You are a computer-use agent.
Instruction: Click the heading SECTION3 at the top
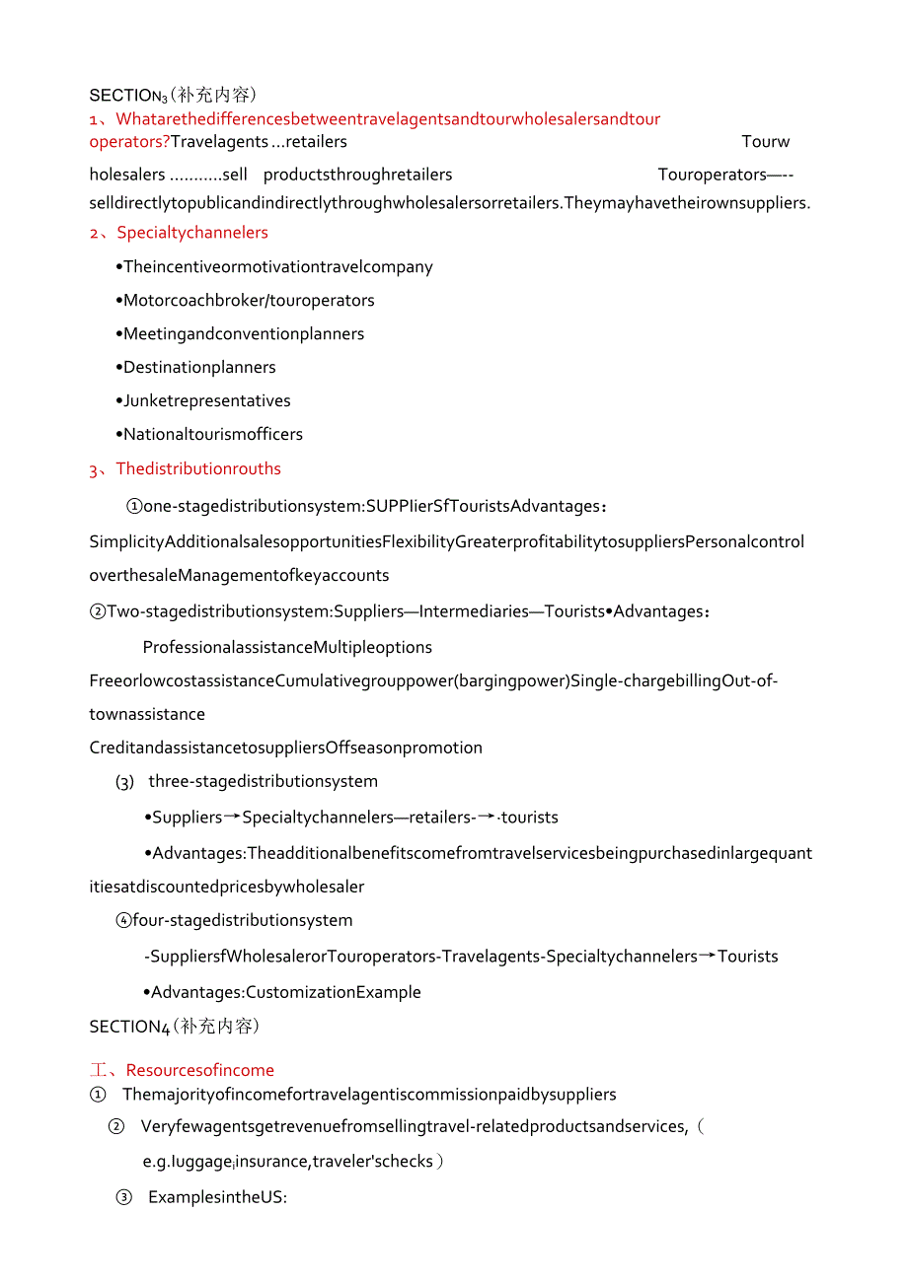[126, 96]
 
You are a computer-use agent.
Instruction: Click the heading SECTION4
[129, 1027]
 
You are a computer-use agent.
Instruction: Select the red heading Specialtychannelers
[192, 233]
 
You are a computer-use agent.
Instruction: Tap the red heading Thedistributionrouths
[198, 468]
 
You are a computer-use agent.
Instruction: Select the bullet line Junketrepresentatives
[206, 400]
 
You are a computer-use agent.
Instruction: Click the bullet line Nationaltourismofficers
[213, 434]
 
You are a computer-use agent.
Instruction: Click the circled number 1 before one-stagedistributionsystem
[134, 506]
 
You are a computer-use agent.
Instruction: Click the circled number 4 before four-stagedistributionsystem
[123, 920]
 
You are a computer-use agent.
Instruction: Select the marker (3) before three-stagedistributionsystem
[124, 782]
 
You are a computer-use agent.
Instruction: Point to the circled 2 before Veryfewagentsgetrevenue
[116, 1126]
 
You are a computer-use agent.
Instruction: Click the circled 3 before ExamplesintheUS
[124, 1197]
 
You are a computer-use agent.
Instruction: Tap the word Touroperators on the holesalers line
[712, 175]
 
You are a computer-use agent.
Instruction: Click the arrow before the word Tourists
[707, 956]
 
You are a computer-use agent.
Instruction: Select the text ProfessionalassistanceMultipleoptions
[287, 647]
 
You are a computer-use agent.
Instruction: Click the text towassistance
[147, 714]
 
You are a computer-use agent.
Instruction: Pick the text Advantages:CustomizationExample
[286, 992]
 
